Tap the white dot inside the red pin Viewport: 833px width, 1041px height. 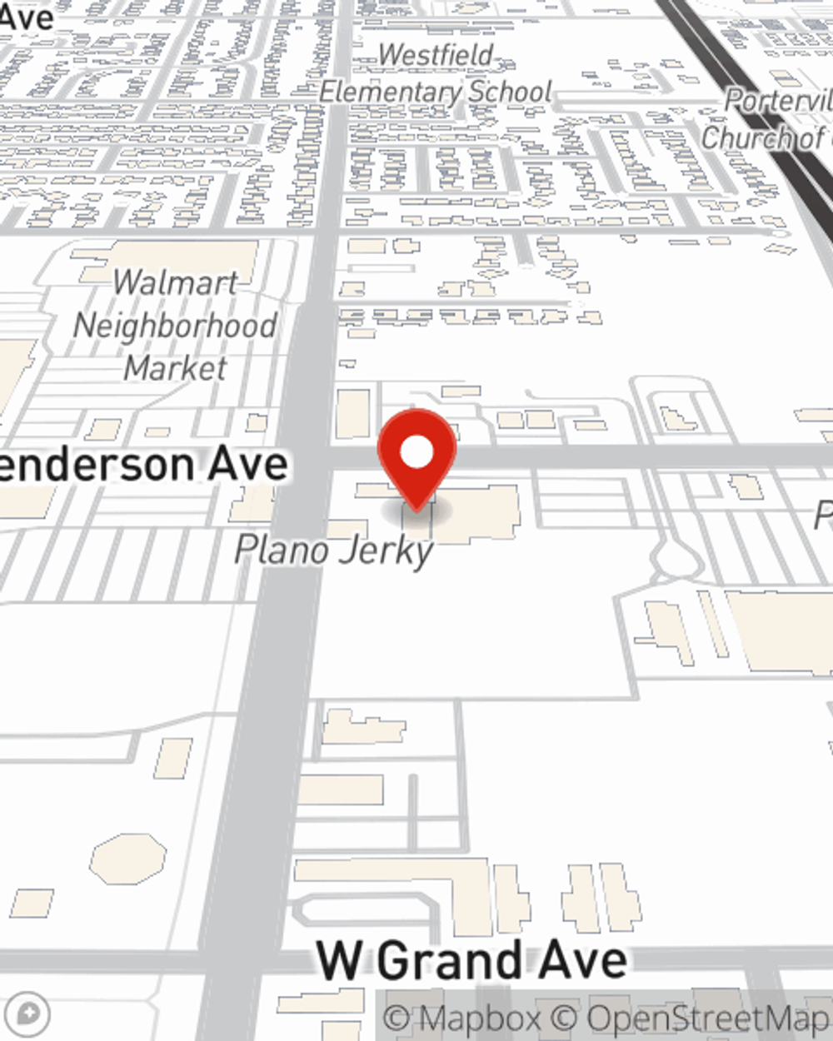(x=416, y=453)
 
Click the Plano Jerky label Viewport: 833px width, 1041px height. (x=334, y=550)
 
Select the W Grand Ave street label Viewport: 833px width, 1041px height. (x=471, y=960)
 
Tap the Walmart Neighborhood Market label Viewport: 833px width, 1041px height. (x=175, y=325)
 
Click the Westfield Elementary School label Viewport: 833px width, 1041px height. (x=436, y=73)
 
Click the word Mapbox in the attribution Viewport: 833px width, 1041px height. (x=480, y=1019)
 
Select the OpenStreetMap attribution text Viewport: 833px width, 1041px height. (x=708, y=1019)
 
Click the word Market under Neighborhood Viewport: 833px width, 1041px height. (x=176, y=367)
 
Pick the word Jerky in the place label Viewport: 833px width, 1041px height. (x=392, y=551)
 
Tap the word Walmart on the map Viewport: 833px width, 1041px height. (x=176, y=282)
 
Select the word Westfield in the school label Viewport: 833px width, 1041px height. (x=436, y=55)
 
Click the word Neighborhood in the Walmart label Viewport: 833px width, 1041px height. (x=175, y=325)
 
